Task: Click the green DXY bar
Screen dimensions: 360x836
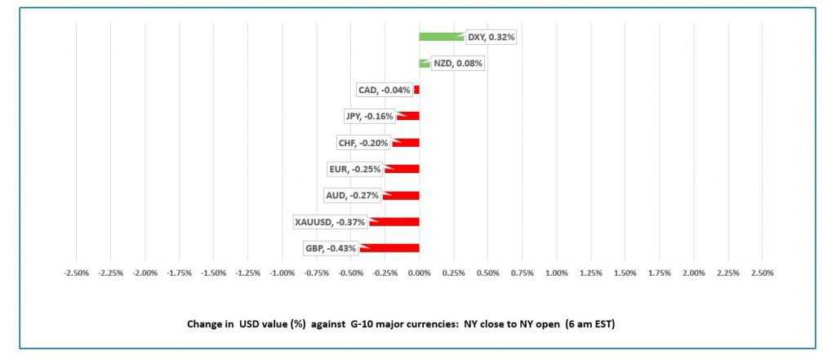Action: click(441, 37)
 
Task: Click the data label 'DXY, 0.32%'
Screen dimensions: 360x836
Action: click(491, 37)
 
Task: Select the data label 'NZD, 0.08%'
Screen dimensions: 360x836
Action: click(458, 63)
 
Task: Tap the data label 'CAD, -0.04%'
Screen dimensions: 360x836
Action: click(384, 90)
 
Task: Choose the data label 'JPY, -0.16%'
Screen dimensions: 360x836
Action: click(369, 116)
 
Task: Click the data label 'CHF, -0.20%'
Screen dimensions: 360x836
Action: click(363, 143)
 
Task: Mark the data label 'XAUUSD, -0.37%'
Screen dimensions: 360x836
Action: click(330, 221)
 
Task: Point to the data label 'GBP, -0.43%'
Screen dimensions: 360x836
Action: click(330, 248)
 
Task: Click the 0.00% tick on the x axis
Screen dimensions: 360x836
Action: click(419, 273)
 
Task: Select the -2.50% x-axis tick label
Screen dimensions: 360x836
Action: click(76, 273)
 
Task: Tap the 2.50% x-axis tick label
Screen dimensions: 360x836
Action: click(762, 273)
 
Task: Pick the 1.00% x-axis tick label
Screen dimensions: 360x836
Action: click(556, 273)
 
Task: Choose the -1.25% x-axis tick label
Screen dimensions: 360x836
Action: click(247, 273)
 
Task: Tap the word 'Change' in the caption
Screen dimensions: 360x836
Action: click(203, 323)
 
